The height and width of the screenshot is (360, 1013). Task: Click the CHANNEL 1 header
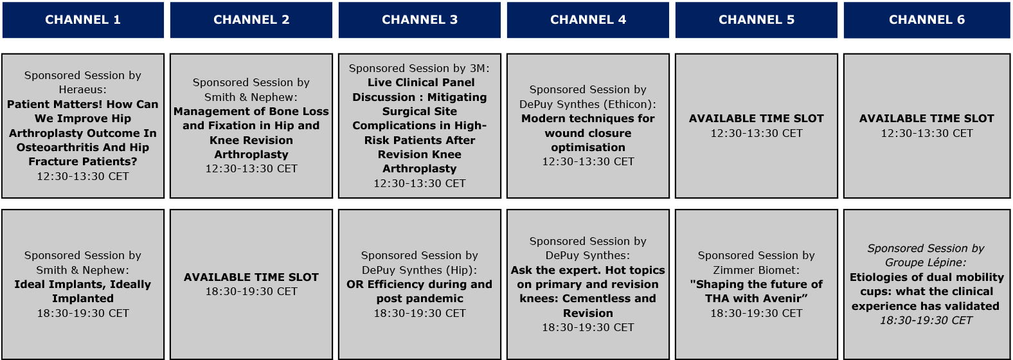click(83, 20)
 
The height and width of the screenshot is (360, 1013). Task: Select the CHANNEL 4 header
click(588, 20)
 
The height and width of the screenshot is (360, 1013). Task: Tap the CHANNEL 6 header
click(927, 20)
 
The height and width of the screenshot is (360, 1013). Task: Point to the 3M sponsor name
click(478, 68)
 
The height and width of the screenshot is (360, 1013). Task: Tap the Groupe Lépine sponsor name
click(924, 263)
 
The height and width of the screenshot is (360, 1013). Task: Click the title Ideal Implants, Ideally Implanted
click(83, 291)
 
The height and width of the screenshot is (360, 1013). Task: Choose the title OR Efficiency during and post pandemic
click(420, 291)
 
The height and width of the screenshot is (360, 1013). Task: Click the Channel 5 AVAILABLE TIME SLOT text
click(756, 118)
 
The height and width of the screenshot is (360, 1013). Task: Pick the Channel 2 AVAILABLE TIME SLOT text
click(251, 277)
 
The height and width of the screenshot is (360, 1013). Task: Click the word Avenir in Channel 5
click(787, 298)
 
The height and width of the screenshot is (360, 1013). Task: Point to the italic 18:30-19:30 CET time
click(926, 320)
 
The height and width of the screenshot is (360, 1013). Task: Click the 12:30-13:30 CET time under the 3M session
click(420, 183)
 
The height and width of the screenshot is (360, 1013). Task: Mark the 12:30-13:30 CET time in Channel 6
click(927, 133)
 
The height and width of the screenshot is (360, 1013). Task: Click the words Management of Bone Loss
click(251, 111)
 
